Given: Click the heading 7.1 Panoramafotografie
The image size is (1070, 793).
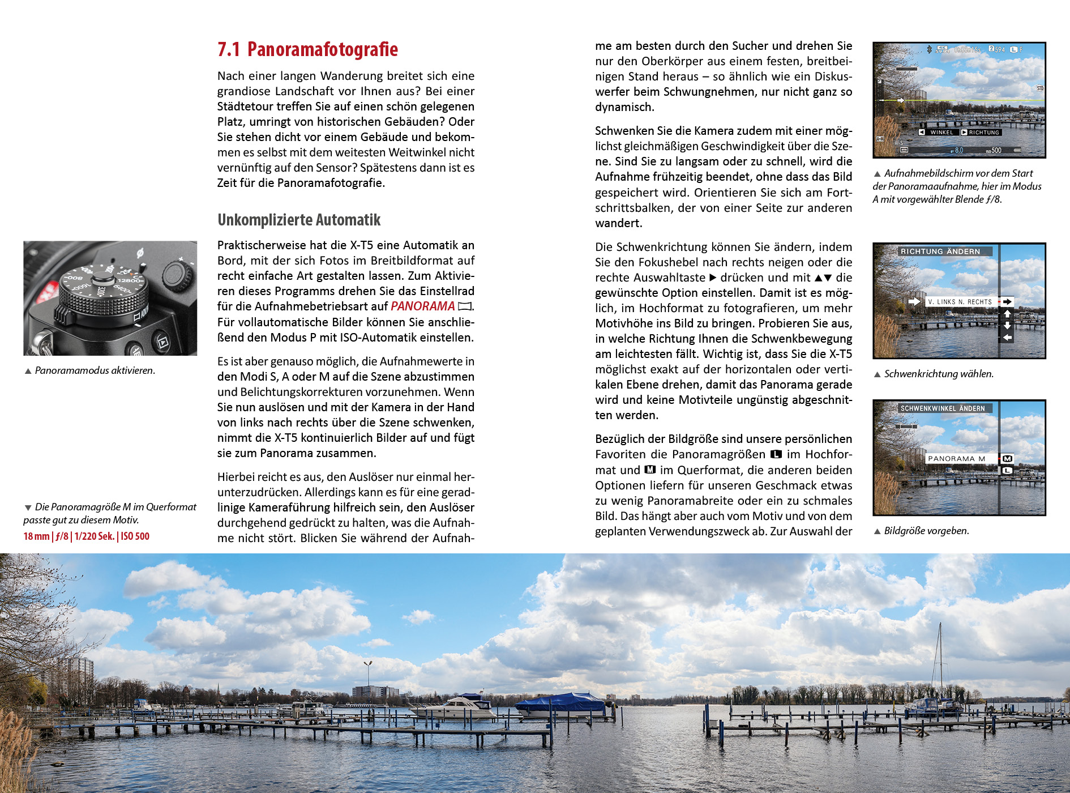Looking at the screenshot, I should (x=307, y=50).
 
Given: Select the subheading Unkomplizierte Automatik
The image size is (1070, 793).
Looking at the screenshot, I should (x=299, y=220).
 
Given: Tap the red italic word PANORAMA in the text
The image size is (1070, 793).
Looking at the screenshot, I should (x=422, y=306).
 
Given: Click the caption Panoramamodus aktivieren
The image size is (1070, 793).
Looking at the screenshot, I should (x=95, y=370).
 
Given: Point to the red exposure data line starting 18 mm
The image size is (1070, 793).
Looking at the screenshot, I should (x=86, y=536).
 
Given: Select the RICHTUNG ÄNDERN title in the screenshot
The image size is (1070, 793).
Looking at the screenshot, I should (x=940, y=251).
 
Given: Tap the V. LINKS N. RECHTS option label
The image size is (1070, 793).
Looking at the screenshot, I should (x=960, y=302).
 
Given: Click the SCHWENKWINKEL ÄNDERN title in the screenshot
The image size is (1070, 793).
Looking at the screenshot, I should (x=943, y=408).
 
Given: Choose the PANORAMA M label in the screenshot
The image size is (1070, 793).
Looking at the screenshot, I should (x=956, y=459).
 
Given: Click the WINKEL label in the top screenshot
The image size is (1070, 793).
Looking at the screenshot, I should (x=941, y=133).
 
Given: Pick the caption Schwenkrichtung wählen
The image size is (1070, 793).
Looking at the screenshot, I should (x=939, y=374).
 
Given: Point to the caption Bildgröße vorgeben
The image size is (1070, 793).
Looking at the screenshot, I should (x=926, y=531).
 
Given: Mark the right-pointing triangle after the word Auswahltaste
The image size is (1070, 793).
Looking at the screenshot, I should (x=713, y=278).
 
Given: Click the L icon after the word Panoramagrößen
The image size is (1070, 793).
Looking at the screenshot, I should (x=776, y=454).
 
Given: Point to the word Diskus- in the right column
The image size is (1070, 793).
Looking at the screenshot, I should (x=833, y=76).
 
